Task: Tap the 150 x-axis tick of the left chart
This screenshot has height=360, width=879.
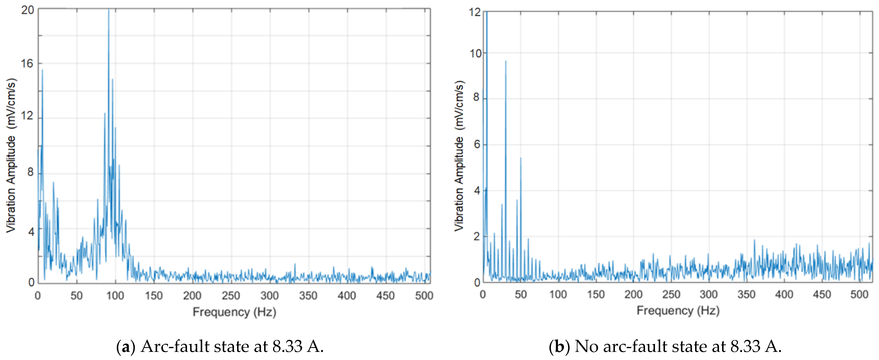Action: (x=154, y=296)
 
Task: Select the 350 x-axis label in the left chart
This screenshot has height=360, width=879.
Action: (x=308, y=296)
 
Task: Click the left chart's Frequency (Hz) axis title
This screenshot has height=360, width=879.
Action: (x=234, y=312)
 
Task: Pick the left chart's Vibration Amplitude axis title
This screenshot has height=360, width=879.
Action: (x=11, y=155)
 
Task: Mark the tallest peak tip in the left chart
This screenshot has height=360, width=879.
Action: (x=108, y=10)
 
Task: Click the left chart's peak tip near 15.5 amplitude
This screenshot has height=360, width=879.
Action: (x=42, y=70)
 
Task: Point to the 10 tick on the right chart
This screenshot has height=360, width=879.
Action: (x=475, y=54)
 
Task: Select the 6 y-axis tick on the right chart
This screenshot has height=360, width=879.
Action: (x=477, y=144)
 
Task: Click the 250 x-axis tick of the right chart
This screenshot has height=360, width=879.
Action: (x=671, y=294)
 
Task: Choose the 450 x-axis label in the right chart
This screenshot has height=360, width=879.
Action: (x=822, y=294)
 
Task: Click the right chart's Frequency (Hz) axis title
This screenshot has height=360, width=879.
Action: (x=678, y=311)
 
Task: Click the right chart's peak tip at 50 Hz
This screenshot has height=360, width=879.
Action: (x=521, y=158)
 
